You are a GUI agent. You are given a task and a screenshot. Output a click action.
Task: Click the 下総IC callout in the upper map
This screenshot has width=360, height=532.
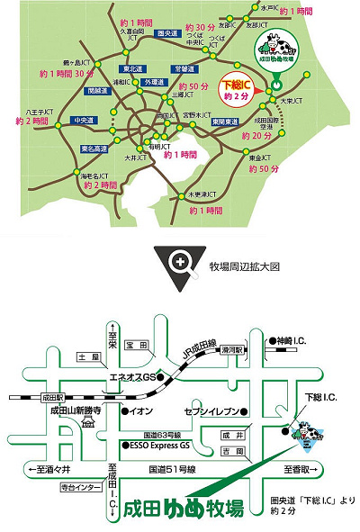237,87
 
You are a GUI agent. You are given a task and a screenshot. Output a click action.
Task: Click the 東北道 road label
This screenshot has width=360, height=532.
134,69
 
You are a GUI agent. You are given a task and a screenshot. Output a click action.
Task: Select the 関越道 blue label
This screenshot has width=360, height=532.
94,91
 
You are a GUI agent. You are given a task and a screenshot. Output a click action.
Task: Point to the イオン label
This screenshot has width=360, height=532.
141,411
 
